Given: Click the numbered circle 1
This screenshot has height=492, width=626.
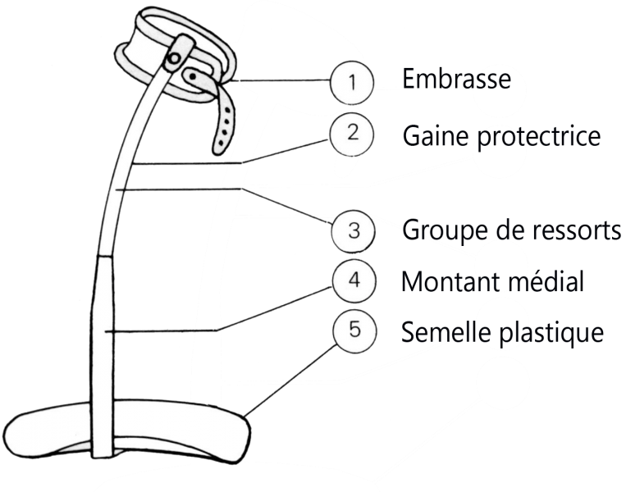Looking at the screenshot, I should click(353, 83).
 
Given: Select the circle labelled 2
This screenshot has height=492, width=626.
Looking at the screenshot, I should click(353, 133).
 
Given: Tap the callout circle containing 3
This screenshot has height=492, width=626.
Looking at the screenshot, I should click(353, 230).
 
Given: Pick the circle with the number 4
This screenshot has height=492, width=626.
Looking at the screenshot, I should click(353, 280).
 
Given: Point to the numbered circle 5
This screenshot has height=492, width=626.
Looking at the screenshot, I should click(353, 331).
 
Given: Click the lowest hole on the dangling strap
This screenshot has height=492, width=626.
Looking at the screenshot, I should click(220, 139).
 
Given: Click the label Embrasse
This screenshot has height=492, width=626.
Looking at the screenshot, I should click(455, 80).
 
